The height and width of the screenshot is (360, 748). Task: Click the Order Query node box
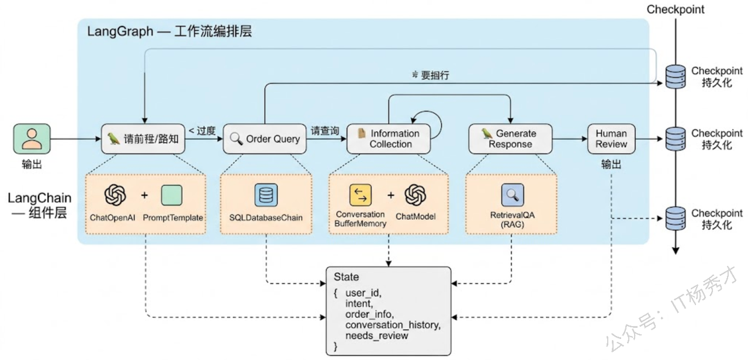pyautogui.click(x=265, y=139)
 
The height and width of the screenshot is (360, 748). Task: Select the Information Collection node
pyautogui.click(x=389, y=139)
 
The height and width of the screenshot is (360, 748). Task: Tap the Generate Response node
pyautogui.click(x=510, y=139)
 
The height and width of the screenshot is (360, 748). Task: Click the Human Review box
pyautogui.click(x=611, y=139)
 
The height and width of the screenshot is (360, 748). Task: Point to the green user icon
pyautogui.click(x=32, y=139)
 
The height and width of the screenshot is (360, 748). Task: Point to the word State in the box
pyautogui.click(x=346, y=277)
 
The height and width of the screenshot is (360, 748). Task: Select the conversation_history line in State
pyautogui.click(x=392, y=325)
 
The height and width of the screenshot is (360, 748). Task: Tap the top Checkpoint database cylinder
pyautogui.click(x=676, y=76)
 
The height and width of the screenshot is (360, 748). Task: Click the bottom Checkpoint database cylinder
pyautogui.click(x=676, y=219)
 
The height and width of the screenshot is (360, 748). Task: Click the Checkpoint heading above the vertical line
pyautogui.click(x=676, y=9)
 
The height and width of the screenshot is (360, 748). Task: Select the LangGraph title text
pyautogui.click(x=169, y=32)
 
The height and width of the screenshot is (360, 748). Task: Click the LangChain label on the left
pyautogui.click(x=39, y=199)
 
